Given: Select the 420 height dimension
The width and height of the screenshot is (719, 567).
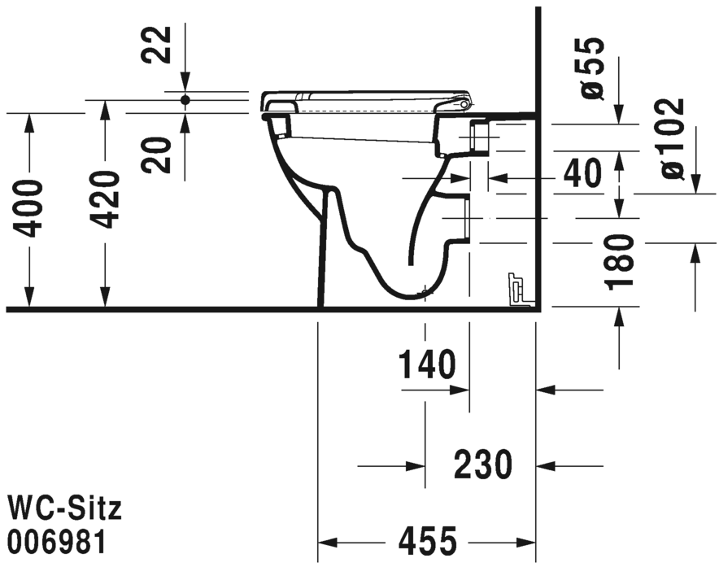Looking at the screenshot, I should pos(106,200).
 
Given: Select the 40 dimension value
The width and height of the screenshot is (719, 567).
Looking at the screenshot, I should pos(582,173).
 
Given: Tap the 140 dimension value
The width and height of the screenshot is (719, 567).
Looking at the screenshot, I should pos(427,366).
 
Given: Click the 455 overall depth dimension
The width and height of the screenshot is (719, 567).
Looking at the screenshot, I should pos(426,541).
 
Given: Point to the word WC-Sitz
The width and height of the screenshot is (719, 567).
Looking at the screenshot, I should pos(64,509).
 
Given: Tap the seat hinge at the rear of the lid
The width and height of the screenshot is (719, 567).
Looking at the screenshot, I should pos(464,104).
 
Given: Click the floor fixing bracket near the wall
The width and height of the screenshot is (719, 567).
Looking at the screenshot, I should pos(515,290).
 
